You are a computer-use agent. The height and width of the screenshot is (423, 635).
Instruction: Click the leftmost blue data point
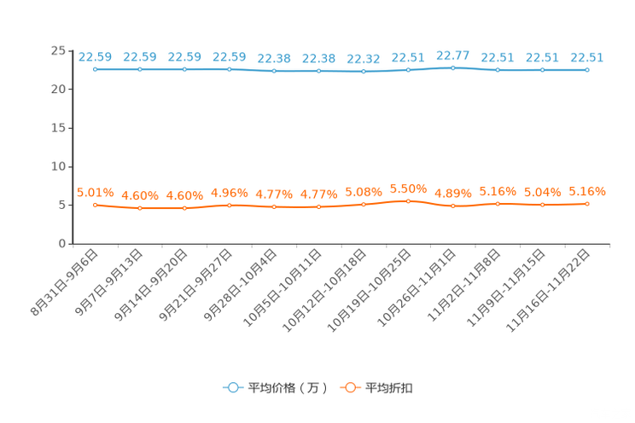point(96,69)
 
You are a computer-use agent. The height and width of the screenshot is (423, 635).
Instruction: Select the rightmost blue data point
point(587,69)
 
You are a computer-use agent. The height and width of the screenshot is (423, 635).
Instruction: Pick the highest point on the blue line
point(452,67)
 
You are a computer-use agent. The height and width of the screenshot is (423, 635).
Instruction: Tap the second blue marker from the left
point(140,69)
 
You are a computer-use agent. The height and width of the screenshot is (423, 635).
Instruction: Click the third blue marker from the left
point(185,69)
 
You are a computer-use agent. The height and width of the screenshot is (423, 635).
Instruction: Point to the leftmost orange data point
point(96,205)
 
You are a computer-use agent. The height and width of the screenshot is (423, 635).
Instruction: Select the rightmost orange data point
point(587,203)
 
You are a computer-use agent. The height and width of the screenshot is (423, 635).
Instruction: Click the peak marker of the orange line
point(408,200)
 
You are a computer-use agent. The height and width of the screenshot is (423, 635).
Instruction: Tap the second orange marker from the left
point(140,207)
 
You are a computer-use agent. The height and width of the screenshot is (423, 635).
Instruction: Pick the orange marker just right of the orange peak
point(452,206)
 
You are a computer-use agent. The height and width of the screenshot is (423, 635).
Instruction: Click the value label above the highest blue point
point(452,55)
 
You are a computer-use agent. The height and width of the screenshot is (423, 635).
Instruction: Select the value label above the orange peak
point(408,187)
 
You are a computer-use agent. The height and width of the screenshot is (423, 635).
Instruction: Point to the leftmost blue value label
point(96,56)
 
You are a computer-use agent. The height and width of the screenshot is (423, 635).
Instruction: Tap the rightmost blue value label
point(587,56)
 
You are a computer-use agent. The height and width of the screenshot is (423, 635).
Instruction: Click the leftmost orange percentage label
point(96,191)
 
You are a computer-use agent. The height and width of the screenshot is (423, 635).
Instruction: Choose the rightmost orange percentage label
point(587,190)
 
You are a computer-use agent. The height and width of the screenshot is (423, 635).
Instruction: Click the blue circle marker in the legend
point(232,387)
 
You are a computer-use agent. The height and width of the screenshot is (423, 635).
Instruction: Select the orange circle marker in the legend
point(350,387)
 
